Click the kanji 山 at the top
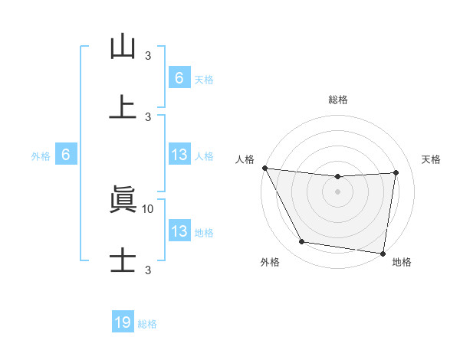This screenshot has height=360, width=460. pos(123,47)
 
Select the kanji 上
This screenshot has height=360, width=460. pos(123,106)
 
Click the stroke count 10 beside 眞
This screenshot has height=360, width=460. pos(149,208)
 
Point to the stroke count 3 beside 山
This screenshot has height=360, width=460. pos(148,55)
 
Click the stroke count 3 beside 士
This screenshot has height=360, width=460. pos(148,269)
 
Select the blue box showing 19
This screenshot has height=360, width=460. pos(123,322)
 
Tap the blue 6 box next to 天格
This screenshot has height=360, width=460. pos(179,78)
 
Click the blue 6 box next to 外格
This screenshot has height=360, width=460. pos(66,155)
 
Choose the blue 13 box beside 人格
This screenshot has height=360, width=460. pos(179,155)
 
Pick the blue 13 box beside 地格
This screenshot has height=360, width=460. pos(179,231)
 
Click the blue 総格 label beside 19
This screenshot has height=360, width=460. pos(147,324)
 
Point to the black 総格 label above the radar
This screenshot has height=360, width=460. pos(337,100)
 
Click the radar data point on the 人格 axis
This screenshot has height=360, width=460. pos(264,168)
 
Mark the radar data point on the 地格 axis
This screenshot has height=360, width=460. pos(383,253)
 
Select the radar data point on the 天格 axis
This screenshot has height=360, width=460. pos(396,172)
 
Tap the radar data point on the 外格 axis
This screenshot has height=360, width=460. pos(302,242)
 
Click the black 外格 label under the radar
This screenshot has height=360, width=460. pos(270,262)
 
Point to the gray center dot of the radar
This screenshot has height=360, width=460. pos(337,191)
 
